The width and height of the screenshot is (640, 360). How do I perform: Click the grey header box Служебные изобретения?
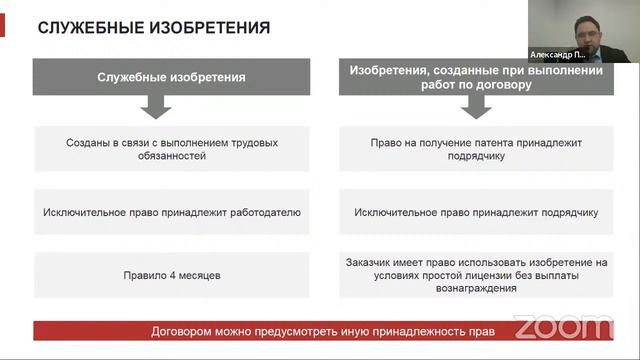pos(171,77)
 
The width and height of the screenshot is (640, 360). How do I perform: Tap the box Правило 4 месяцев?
pos(171,274)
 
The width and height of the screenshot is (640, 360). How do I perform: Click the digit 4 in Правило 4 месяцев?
pos(174,274)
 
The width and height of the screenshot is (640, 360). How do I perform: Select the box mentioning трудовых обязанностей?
pos(171,149)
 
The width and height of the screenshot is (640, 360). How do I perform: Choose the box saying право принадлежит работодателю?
pos(171,212)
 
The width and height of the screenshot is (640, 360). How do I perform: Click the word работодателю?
pos(263,212)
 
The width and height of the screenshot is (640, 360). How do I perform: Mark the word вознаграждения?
pos(475,288)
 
